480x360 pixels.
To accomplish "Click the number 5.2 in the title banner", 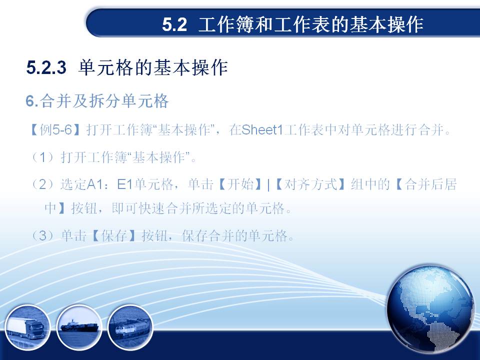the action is [174, 24].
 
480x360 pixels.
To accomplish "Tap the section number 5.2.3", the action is [46, 67].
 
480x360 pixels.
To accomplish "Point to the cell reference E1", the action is [125, 184].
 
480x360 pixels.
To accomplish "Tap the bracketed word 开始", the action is [240, 184].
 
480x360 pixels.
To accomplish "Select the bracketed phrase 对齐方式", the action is [310, 184].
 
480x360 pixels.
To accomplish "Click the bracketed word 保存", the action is [114, 236].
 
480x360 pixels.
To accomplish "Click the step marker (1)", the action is [43, 157].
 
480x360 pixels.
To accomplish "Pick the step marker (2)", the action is [43, 184].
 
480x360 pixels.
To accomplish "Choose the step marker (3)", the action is [43, 236].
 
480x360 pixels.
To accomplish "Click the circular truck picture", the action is [27, 327].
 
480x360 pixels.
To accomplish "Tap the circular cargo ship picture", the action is [79, 327].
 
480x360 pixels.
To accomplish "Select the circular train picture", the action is [130, 327].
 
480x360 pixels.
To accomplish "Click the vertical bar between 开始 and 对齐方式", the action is [268, 185].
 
